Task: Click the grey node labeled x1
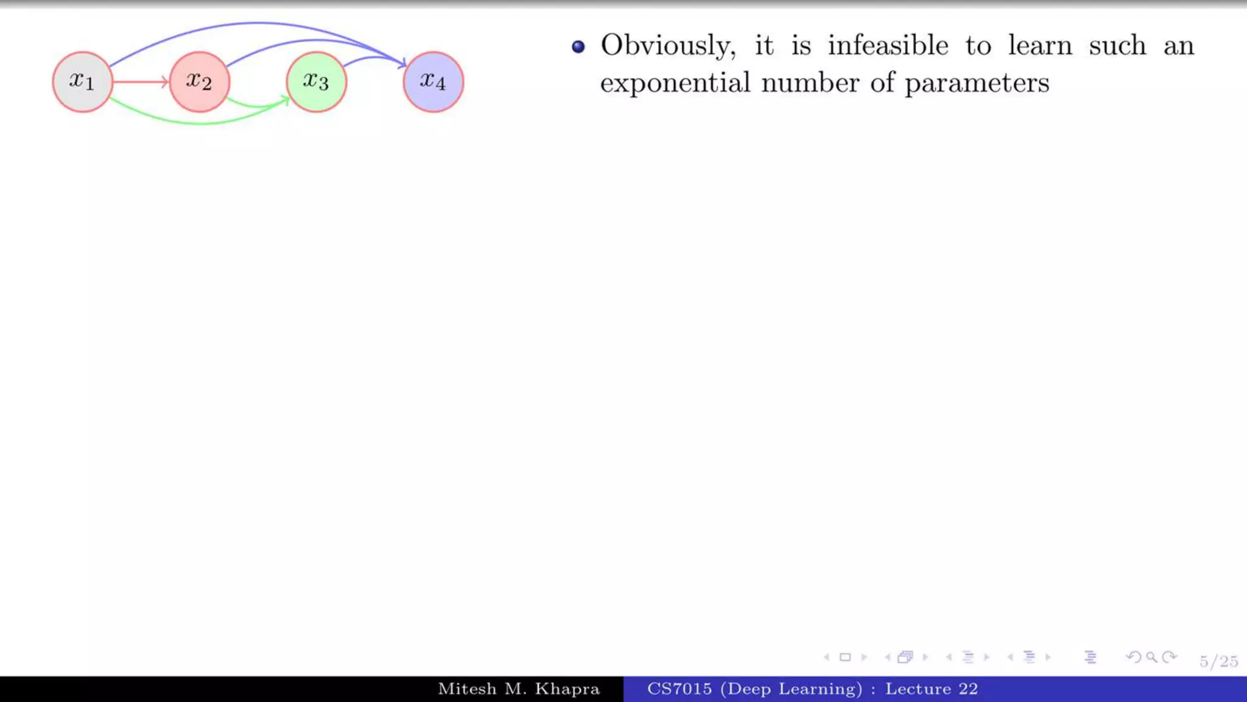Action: (x=82, y=82)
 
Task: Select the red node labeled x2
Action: (x=199, y=82)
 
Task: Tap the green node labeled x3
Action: (x=316, y=82)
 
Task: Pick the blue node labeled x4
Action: (x=433, y=82)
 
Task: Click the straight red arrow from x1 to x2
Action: (x=140, y=82)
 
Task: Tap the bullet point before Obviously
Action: (x=578, y=47)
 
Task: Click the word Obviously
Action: (x=668, y=46)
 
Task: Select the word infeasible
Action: (x=888, y=46)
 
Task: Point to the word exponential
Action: (x=675, y=83)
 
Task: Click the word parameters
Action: (x=977, y=83)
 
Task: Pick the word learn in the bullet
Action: (x=1039, y=46)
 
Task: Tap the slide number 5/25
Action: (x=1218, y=661)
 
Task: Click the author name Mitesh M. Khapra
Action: (x=519, y=689)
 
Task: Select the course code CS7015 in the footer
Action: (x=679, y=689)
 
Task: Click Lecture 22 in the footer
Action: (x=931, y=689)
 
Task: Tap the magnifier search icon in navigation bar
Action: (x=1151, y=657)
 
